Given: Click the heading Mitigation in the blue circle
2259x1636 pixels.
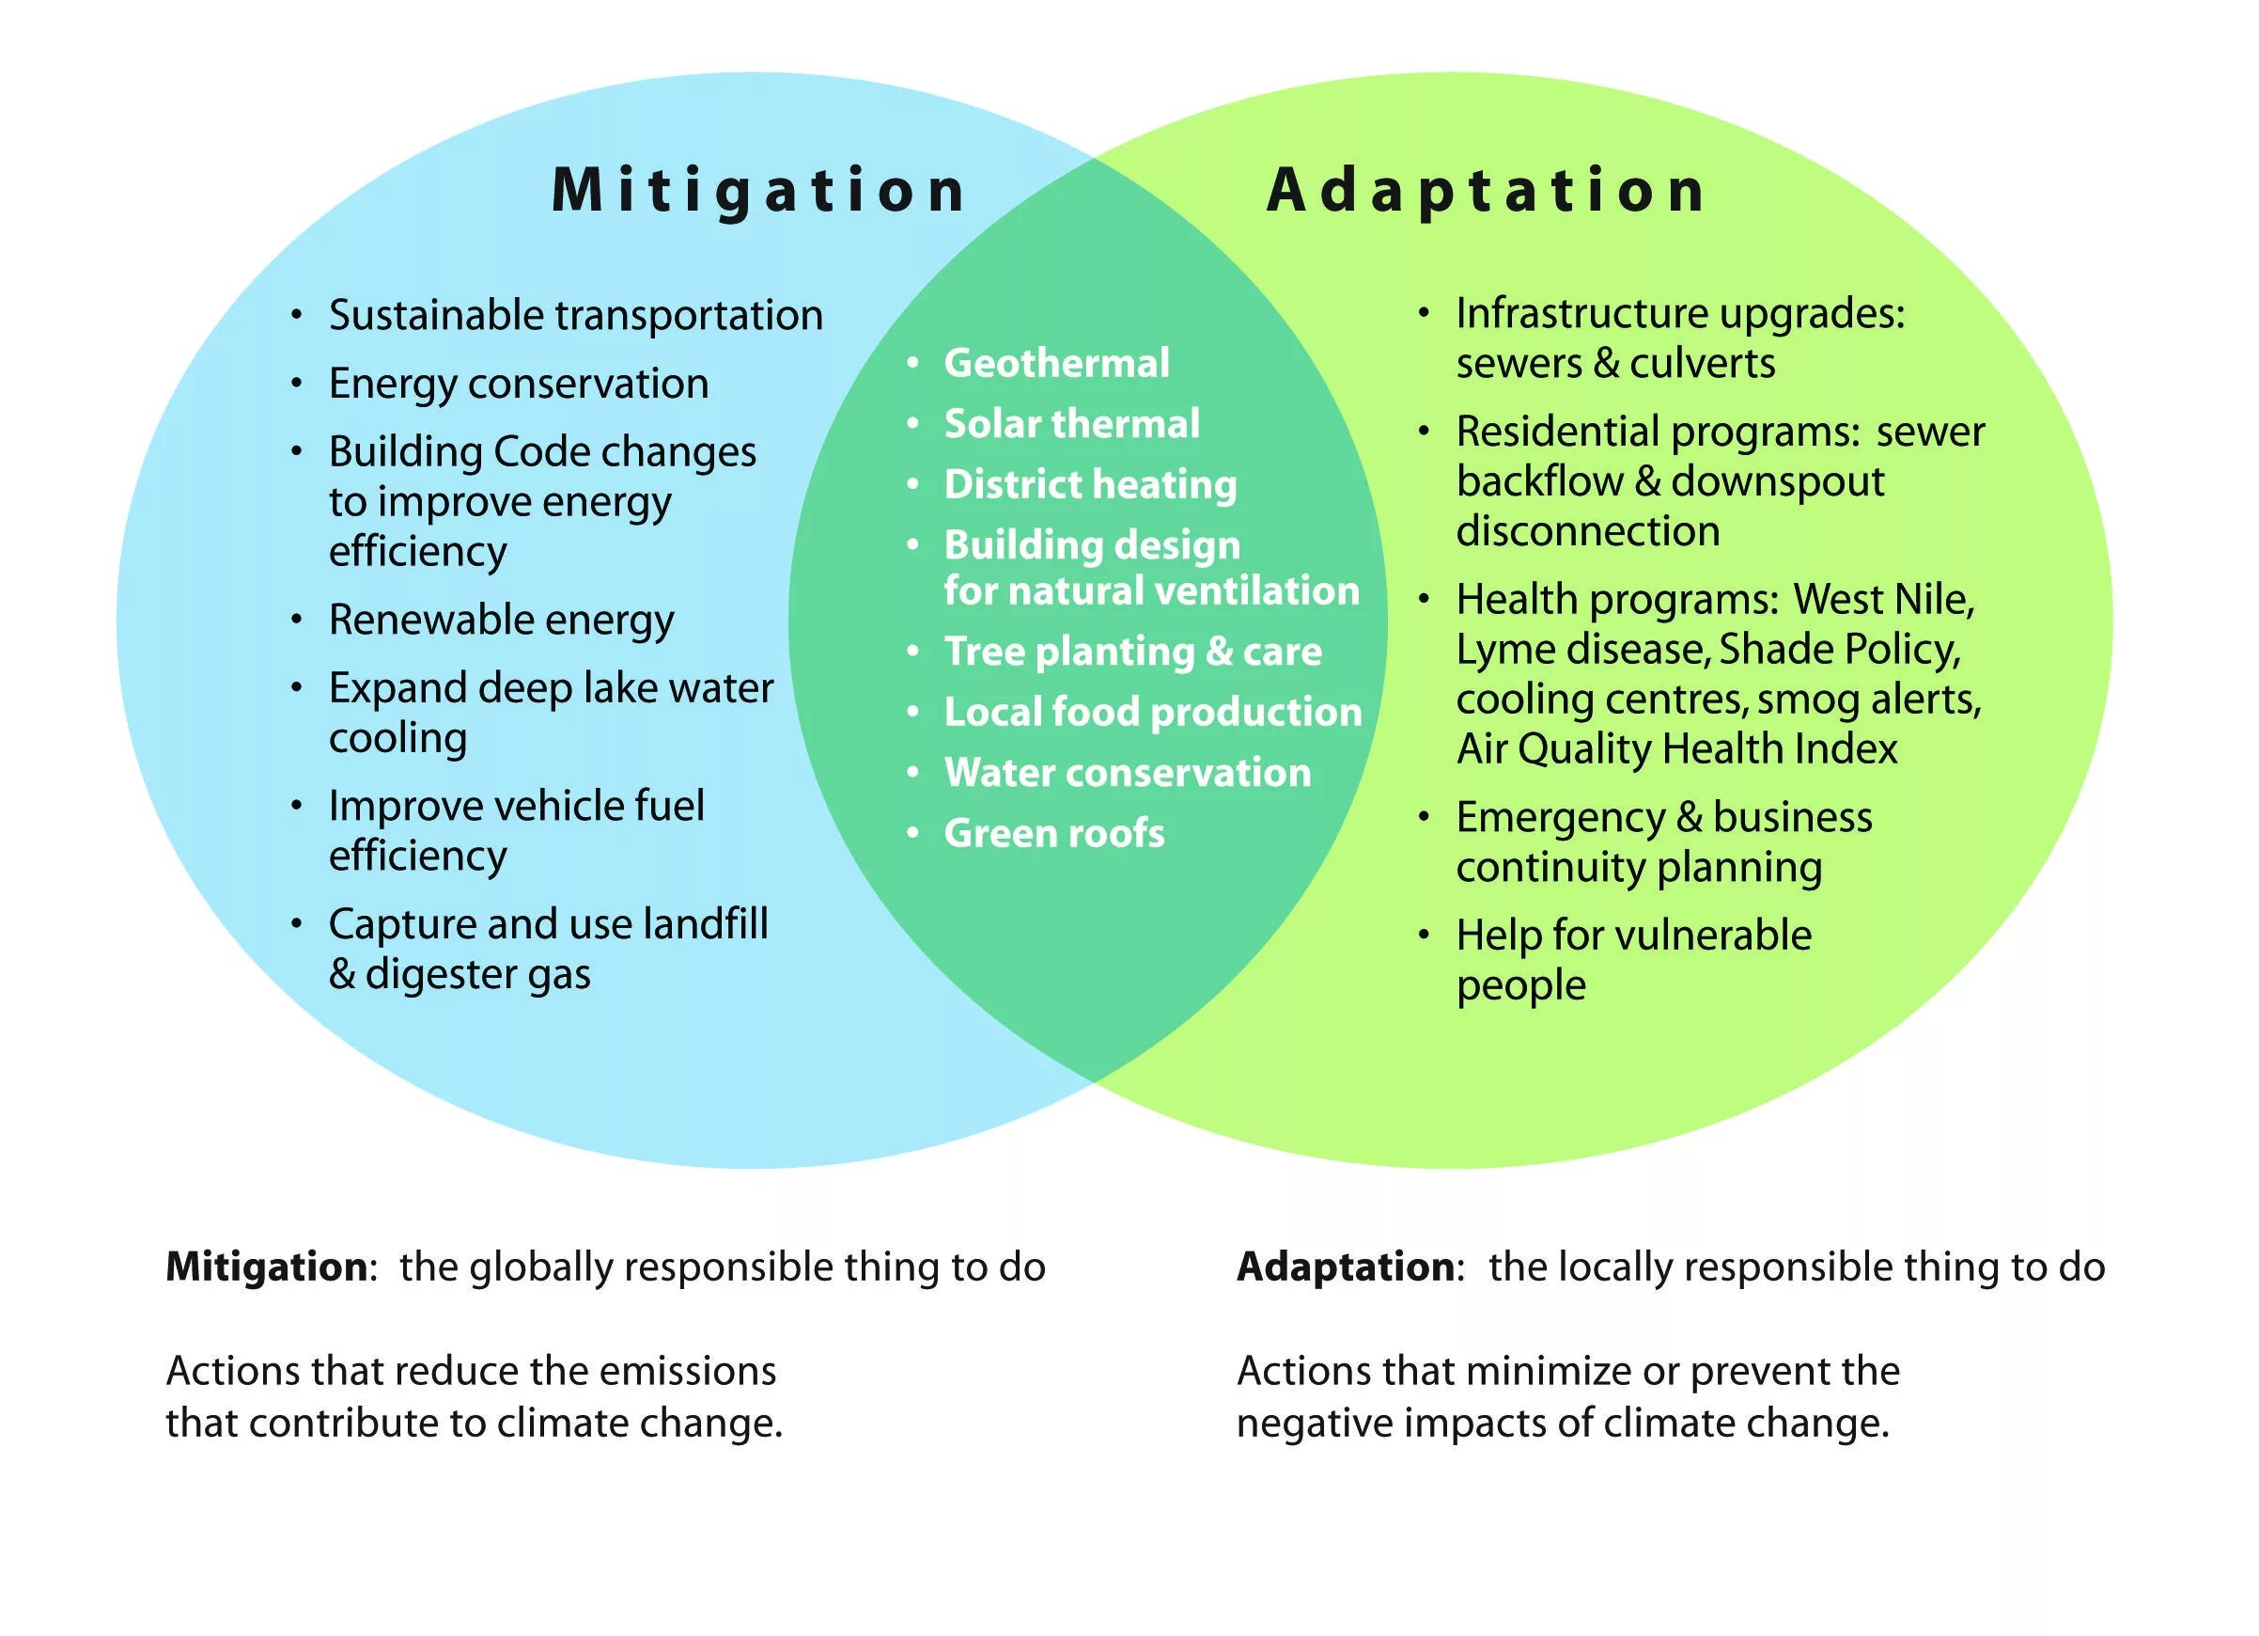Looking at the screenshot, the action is click(x=758, y=189).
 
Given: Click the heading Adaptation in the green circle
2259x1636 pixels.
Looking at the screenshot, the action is click(x=1485, y=189).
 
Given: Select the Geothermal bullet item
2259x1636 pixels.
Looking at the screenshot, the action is click(x=1056, y=363).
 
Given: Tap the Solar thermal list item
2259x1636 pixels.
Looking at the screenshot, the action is click(x=1072, y=423).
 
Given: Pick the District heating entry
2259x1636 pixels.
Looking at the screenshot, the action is click(x=1090, y=484).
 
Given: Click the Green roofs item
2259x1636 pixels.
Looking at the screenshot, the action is click(x=1053, y=833).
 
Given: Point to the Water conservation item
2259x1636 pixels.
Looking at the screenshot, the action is click(x=1127, y=772).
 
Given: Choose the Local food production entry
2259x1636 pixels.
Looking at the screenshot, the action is click(x=1152, y=712).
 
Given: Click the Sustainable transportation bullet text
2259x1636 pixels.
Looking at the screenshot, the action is click(x=576, y=315).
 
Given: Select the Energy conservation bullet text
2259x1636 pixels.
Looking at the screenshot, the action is click(x=518, y=384).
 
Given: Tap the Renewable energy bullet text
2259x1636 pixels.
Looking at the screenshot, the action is click(x=501, y=620).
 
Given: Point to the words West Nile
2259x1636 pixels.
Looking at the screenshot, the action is click(x=1882, y=599).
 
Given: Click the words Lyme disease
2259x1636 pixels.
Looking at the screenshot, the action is click(x=1581, y=650).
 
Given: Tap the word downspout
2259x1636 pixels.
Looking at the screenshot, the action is click(x=1778, y=482).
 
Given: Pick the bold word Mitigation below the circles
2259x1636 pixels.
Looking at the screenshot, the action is click(x=267, y=1267).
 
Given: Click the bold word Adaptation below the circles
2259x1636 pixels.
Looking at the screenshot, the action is click(x=1346, y=1267).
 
